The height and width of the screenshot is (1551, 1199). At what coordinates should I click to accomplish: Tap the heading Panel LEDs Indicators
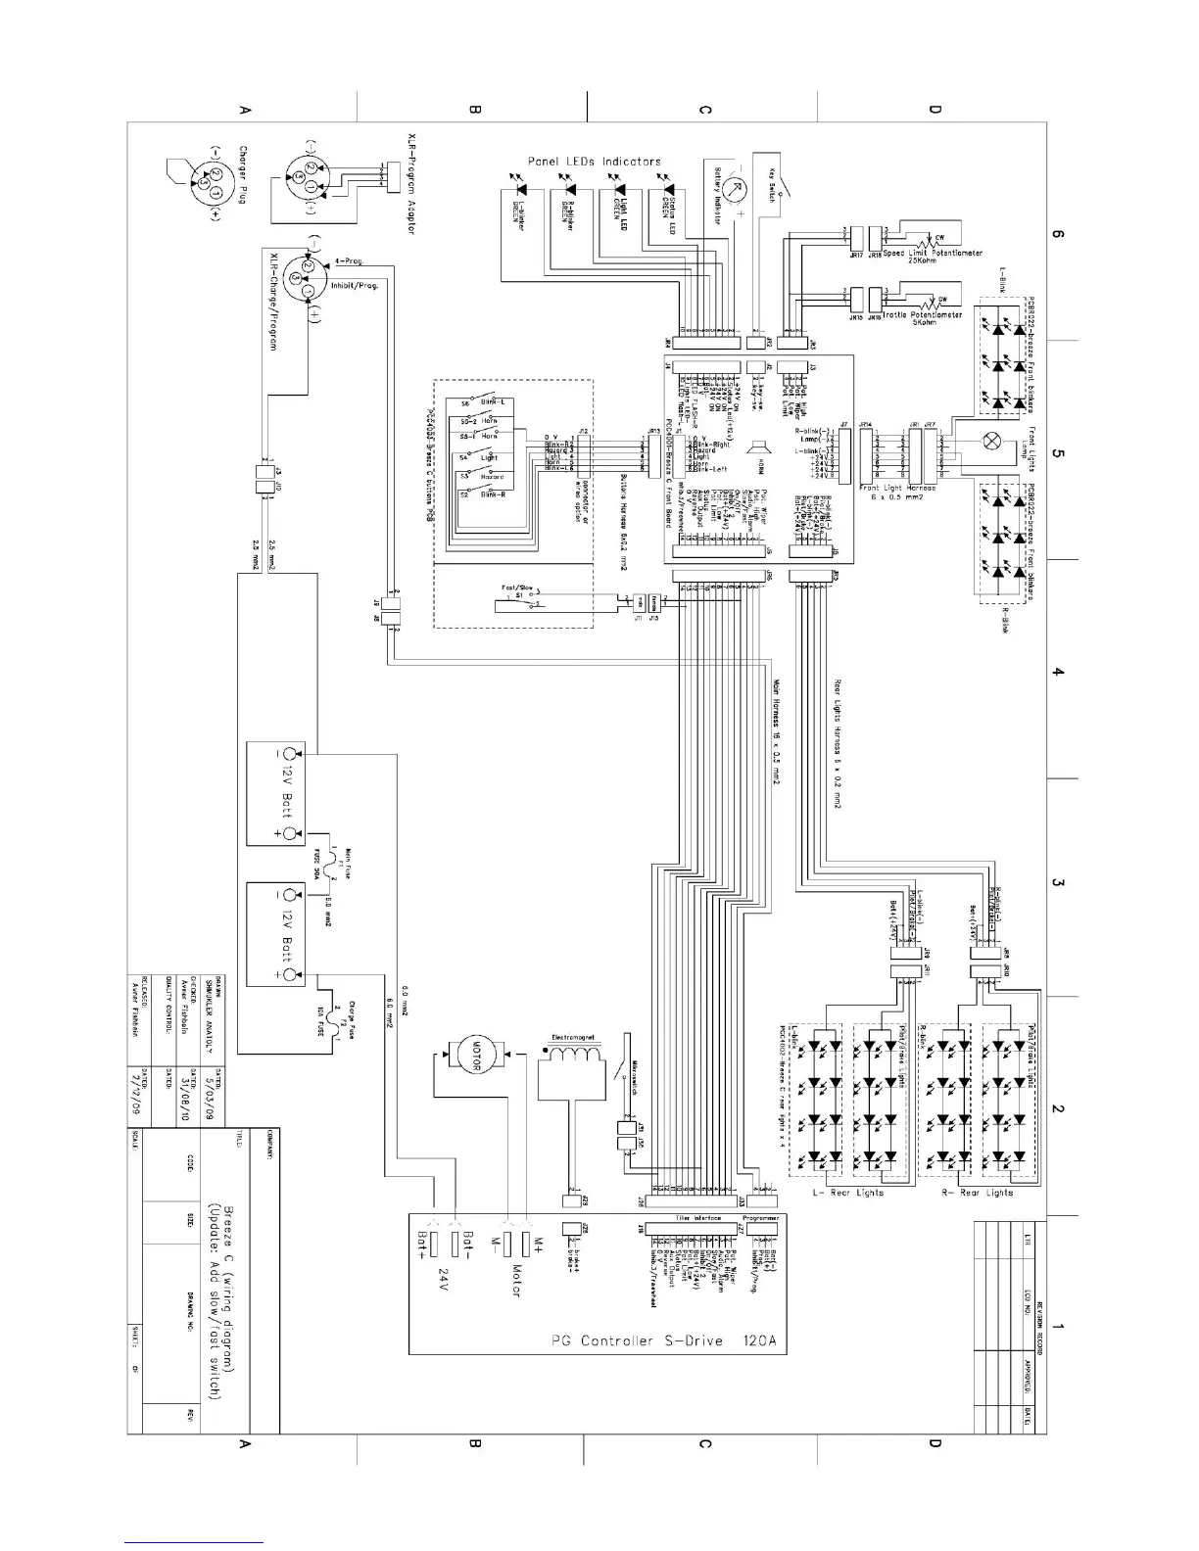(x=595, y=162)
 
